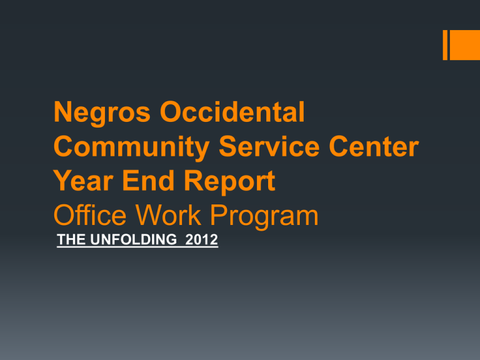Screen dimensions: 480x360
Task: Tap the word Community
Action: (x=132, y=148)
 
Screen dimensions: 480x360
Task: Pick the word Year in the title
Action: (x=83, y=181)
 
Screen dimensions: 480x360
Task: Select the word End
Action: (x=149, y=181)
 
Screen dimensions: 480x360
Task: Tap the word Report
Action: (x=229, y=182)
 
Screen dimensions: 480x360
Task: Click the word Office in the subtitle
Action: (x=90, y=215)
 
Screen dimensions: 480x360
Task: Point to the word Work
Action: (x=168, y=215)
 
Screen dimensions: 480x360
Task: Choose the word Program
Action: (x=264, y=217)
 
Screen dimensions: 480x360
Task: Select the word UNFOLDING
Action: (x=134, y=239)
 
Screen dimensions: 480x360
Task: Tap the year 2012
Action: (x=201, y=239)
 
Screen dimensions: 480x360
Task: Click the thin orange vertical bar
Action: (x=445, y=45)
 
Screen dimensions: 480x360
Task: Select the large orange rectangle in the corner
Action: (x=465, y=45)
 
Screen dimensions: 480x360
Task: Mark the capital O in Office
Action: (x=65, y=215)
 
